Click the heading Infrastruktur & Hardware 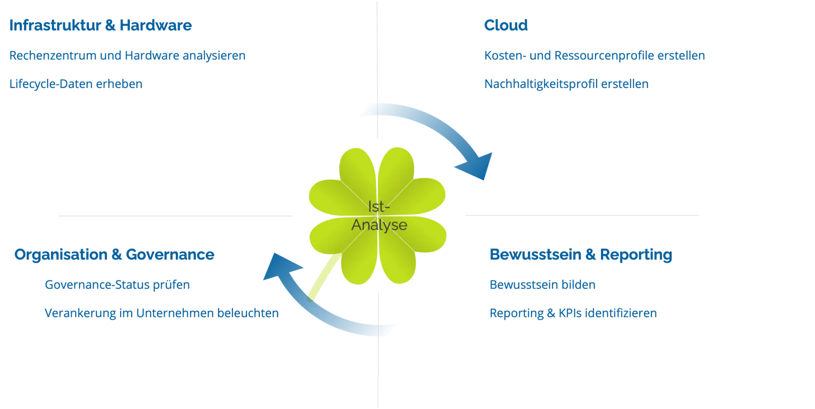point(101,25)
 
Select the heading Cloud point(506,25)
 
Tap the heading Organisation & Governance point(114,255)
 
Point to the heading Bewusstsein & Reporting point(581,255)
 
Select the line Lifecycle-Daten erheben point(75,83)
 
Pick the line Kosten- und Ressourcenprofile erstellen point(595,56)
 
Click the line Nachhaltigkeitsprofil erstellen point(567,83)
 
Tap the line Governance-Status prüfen point(117,285)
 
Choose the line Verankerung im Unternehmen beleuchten point(161,313)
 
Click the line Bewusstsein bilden point(543,285)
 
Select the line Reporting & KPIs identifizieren point(573,313)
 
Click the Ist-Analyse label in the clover point(379,216)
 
